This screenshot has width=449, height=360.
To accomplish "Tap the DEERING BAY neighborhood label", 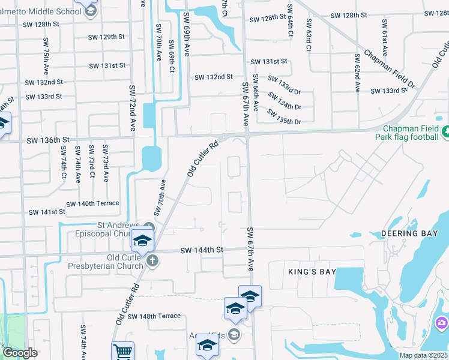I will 411,233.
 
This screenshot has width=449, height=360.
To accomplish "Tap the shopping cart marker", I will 122,351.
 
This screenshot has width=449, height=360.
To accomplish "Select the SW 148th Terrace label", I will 154,316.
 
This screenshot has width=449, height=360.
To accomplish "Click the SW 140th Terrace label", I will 92,204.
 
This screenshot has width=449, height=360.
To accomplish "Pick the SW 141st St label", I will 47,212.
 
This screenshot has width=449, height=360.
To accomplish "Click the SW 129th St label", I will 106,37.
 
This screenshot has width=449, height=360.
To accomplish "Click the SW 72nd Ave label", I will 132,108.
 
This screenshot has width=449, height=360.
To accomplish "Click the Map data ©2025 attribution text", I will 423,355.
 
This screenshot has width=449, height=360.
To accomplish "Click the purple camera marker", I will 442,324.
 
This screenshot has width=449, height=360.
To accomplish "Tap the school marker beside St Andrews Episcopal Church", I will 143,241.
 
